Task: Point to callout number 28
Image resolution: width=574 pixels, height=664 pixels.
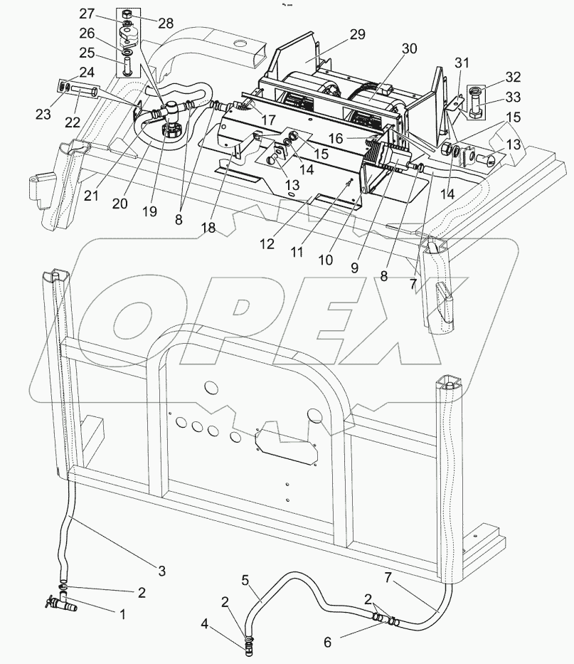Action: point(165,23)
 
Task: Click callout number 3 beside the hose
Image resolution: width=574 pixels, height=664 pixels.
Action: point(161,571)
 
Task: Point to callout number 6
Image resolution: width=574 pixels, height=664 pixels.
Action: point(327,641)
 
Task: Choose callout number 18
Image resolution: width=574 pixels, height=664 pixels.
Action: point(208,228)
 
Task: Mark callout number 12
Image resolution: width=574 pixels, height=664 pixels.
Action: point(267,243)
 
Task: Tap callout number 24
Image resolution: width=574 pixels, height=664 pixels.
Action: point(86,71)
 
